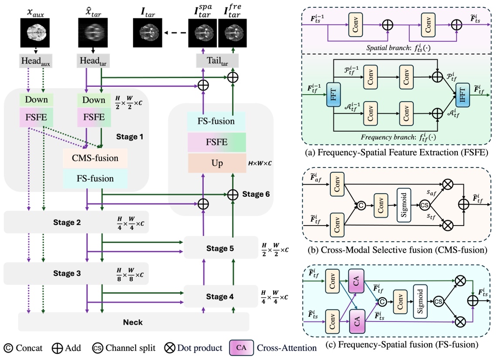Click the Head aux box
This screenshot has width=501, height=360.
(x=36, y=61)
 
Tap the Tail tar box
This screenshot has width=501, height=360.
(x=214, y=61)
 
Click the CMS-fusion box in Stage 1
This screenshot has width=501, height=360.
(x=95, y=158)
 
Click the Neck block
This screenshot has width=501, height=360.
(x=133, y=322)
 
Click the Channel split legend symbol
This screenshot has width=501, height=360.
(x=98, y=348)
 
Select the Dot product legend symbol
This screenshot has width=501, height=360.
(x=170, y=348)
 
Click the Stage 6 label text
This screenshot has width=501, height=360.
(x=253, y=195)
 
